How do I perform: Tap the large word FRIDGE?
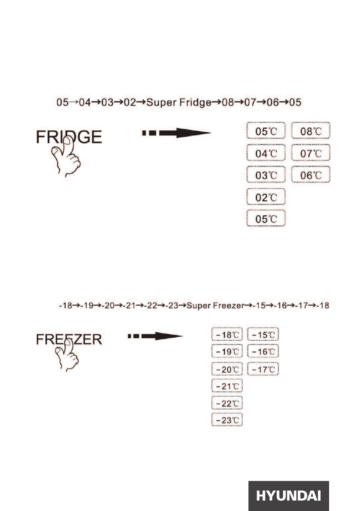tap(69, 137)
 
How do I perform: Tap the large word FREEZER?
tap(69, 339)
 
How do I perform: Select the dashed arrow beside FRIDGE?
tap(176, 133)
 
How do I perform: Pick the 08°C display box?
tap(311, 131)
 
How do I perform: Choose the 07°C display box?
tap(311, 153)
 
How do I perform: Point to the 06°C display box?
tap(311, 175)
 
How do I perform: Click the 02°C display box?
tap(266, 197)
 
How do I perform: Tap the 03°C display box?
tap(266, 175)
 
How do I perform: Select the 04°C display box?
tap(266, 153)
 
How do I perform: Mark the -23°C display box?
tap(228, 420)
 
